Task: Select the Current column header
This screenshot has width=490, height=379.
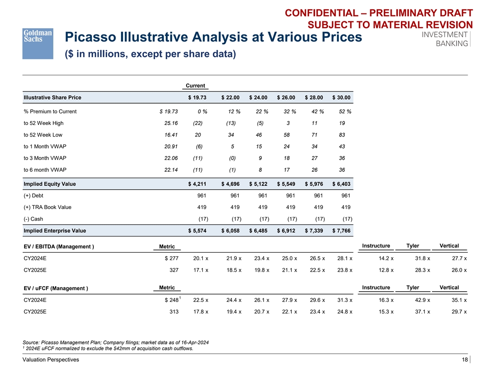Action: (195, 86)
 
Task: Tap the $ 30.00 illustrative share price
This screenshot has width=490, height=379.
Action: (342, 98)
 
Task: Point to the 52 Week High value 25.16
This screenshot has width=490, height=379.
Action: (171, 123)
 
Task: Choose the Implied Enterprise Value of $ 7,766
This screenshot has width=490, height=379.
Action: (342, 230)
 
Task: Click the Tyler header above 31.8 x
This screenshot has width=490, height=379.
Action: (413, 246)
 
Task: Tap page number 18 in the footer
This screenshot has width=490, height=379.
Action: (464, 359)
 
